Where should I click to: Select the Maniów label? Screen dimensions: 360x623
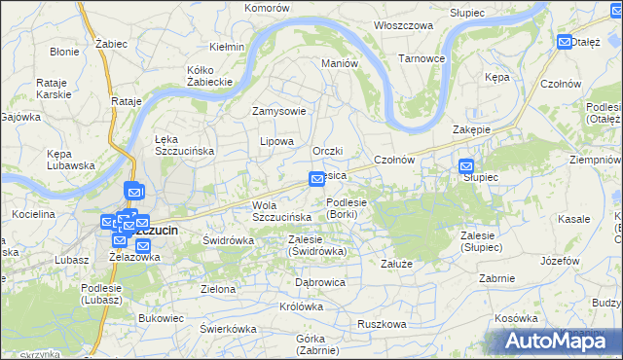341,63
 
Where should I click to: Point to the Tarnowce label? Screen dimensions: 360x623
421,58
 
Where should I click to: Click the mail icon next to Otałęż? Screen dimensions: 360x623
566,42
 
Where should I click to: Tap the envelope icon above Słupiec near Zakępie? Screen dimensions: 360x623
466,166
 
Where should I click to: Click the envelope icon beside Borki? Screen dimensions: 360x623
316,179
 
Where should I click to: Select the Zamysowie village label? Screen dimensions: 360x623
279,111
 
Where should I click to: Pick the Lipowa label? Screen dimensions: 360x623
276,141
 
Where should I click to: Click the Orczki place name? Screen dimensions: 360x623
329,151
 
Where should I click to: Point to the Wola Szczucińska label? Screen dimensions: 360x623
281,210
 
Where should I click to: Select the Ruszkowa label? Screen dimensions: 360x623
381,324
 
